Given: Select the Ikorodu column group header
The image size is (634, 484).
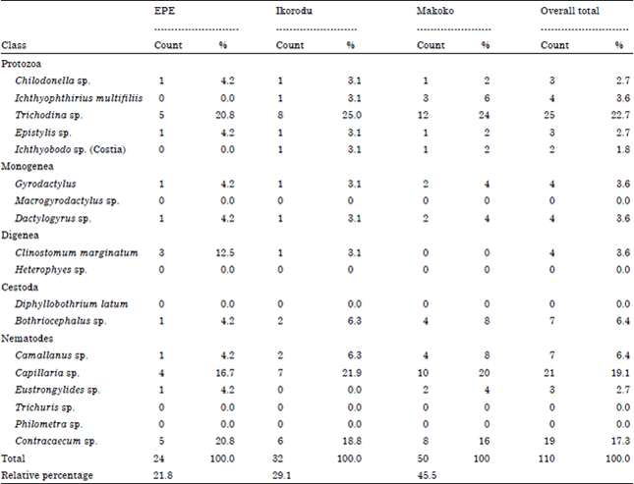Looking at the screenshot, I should (291, 11).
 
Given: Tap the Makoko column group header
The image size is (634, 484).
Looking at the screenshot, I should (433, 11).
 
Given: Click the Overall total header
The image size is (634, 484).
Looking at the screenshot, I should (570, 11).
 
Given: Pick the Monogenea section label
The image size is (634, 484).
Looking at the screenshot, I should (26, 167).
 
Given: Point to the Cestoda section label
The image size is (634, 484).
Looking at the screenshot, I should (21, 287).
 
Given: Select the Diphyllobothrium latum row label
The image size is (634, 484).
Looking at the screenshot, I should (66, 304).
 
